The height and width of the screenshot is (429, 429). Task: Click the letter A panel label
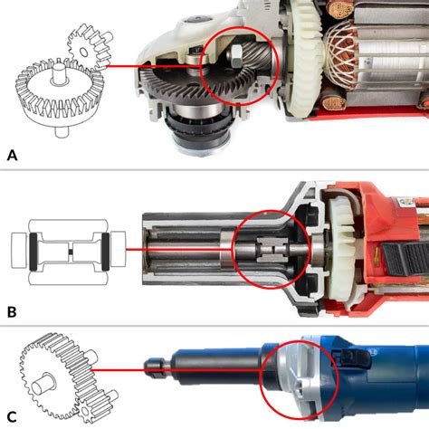[12, 156]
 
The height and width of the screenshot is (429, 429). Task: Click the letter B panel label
[12, 312]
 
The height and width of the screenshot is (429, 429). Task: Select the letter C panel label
[12, 417]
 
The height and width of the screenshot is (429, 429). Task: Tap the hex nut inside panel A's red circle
[234, 57]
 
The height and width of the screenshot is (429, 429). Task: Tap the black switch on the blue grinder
[351, 357]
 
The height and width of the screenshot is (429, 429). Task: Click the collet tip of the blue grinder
[154, 367]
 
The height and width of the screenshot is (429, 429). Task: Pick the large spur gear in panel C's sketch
[56, 374]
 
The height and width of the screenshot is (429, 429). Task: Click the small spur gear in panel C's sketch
[96, 405]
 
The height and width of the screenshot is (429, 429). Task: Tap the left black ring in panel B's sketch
[33, 252]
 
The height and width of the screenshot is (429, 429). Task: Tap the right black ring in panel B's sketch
[105, 252]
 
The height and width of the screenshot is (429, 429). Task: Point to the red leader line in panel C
[176, 370]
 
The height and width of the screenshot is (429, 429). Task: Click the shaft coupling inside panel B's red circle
[271, 250]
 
